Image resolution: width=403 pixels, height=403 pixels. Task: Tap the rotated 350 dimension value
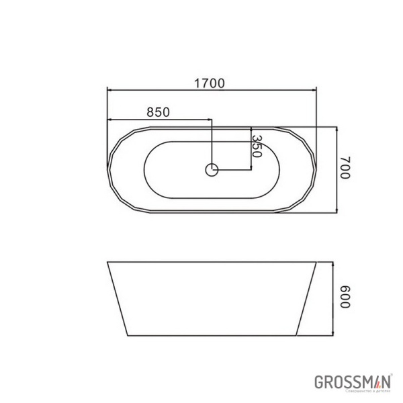pyautogui.click(x=256, y=146)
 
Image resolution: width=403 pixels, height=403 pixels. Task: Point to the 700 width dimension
pyautogui.click(x=345, y=167)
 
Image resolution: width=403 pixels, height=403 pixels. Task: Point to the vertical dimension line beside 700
pyautogui.click(x=334, y=168)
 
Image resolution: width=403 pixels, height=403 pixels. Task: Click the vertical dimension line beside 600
pyautogui.click(x=334, y=296)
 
